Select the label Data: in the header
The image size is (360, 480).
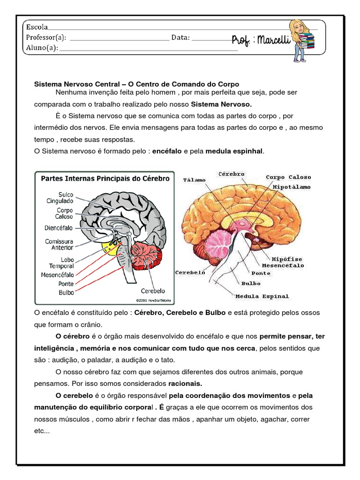coord(180,37)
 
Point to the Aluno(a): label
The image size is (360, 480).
coord(42,47)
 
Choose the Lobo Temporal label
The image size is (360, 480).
coord(61,262)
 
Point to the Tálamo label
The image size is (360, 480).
coord(195,180)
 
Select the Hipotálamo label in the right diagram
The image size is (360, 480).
coord(291,187)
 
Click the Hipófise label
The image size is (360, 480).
coord(287,259)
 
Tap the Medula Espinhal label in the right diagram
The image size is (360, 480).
coord(262,296)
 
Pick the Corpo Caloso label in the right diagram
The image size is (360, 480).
coord(288,177)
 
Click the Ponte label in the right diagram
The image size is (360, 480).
coord(261,273)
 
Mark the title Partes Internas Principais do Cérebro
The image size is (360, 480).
coord(105,179)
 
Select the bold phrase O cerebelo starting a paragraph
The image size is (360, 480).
coord(74,395)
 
